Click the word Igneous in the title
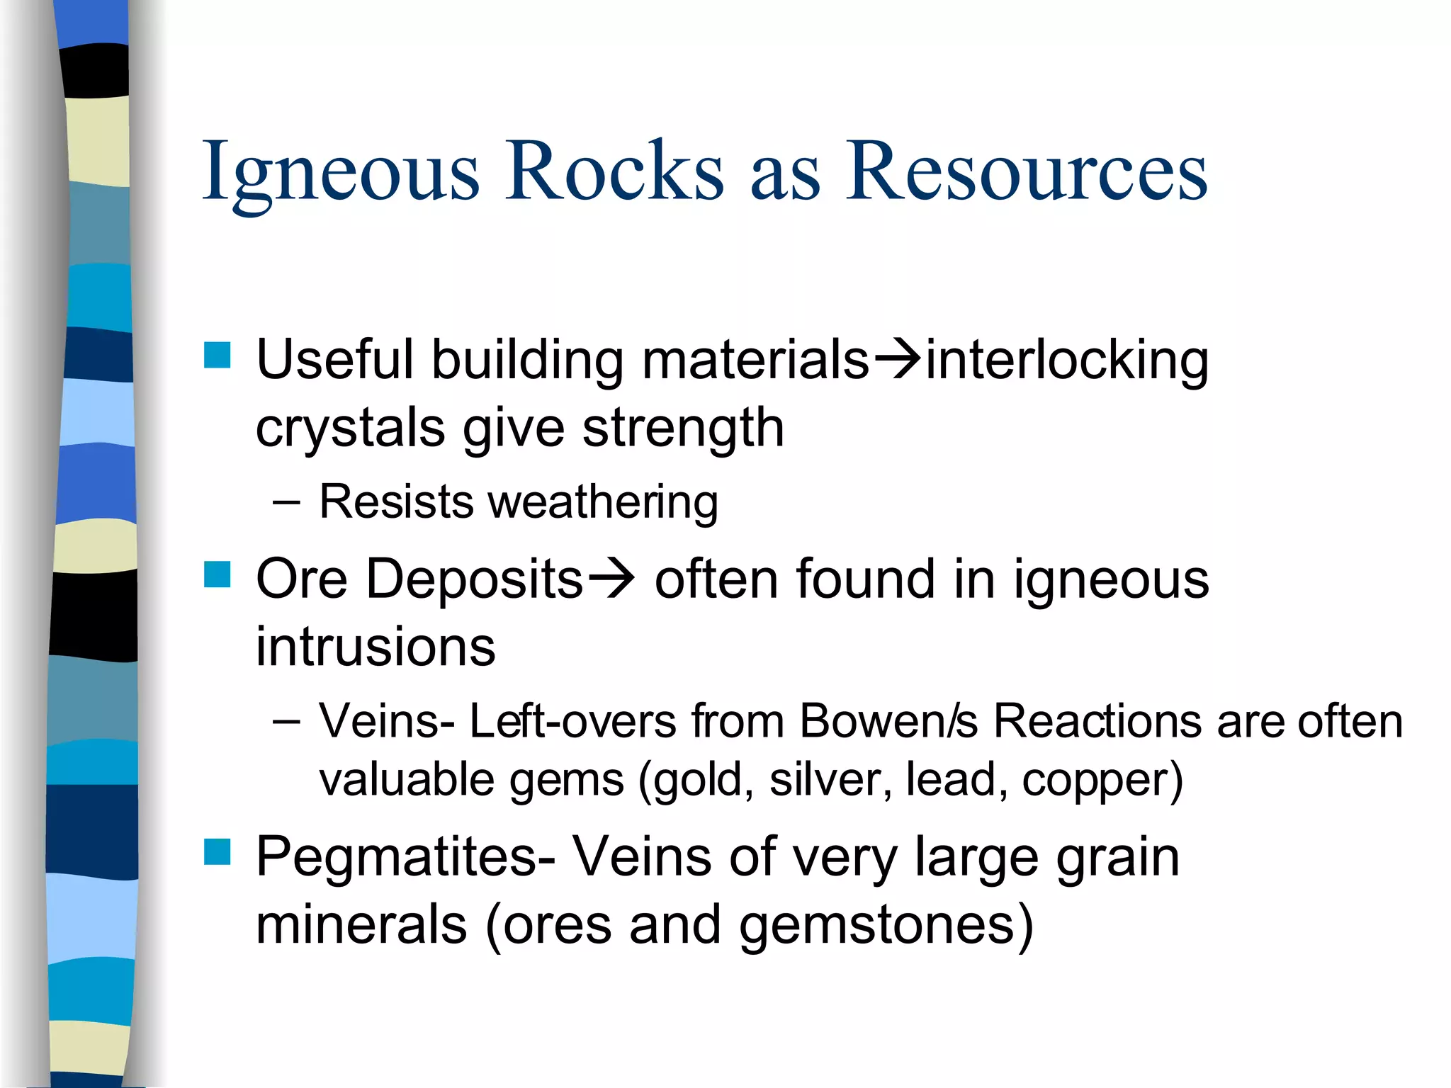(x=341, y=174)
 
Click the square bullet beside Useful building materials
(x=218, y=356)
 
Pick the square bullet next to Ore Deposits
(x=218, y=575)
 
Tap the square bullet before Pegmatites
(x=218, y=852)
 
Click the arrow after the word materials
(x=897, y=360)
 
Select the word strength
(x=683, y=428)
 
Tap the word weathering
(x=603, y=503)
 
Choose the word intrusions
(x=376, y=647)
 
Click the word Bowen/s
(x=888, y=722)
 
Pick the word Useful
(x=334, y=360)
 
